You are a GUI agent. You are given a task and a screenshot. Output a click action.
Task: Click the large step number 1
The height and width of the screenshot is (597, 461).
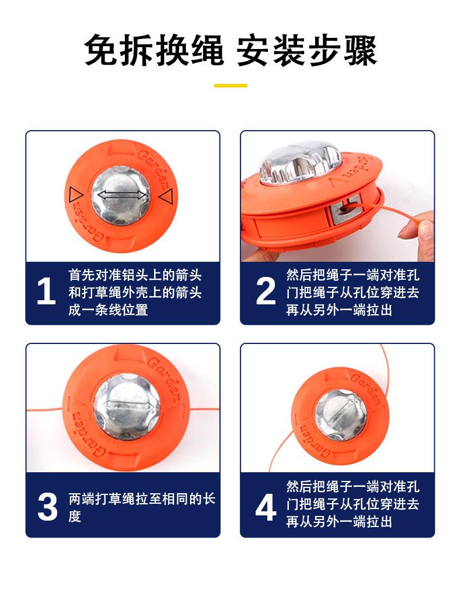pos(46,291)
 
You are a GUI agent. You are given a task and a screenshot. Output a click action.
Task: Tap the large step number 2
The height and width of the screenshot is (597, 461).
pos(266,291)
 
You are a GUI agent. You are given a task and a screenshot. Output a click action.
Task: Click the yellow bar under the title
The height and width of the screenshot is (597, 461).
pos(230,86)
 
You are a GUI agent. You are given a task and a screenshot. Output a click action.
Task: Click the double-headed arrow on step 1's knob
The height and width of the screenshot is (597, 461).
pos(121,195)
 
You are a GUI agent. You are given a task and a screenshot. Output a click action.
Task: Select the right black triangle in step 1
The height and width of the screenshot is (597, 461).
pos(166,196)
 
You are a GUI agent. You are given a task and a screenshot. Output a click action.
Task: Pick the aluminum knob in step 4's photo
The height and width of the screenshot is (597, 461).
pos(341,415)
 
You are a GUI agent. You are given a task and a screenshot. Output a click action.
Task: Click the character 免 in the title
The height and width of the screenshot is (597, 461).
pos(100,50)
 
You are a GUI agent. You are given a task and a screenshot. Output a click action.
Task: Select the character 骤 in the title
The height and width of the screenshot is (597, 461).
pos(361,50)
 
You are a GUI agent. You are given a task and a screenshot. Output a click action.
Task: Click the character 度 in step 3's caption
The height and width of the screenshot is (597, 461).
pos(75,517)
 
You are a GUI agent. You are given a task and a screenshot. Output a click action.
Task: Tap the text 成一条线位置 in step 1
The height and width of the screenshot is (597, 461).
pos(108,310)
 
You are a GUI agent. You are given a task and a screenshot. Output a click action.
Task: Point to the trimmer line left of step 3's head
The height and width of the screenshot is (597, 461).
pos(45,410)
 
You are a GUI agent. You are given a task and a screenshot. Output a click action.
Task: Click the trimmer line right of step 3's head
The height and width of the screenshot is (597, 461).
pos(204,409)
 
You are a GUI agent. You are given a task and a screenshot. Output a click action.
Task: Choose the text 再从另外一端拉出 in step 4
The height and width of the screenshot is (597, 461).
pos(339,521)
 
